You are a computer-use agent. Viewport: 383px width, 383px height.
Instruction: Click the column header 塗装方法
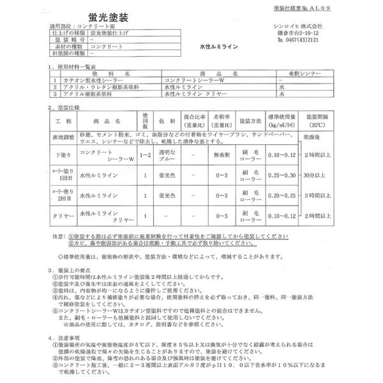(249, 121)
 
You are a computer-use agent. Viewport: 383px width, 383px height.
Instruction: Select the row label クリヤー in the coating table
(62, 216)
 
